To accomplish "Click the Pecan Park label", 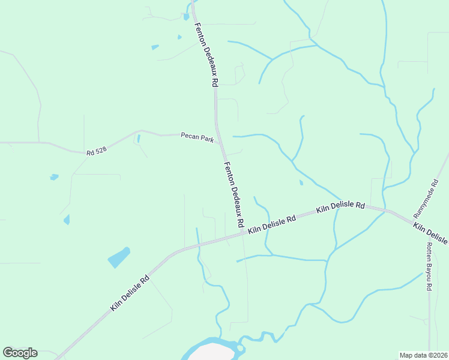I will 197,137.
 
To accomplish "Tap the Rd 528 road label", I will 96,152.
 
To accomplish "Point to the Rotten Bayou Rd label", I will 429,266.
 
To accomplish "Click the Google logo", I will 20,352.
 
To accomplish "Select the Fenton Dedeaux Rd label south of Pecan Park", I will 234,193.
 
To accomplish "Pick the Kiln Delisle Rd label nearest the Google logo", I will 129,293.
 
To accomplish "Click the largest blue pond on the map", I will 118,257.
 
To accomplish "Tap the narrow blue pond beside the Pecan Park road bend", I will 139,139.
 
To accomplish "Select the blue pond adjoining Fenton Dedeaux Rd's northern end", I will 187,16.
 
